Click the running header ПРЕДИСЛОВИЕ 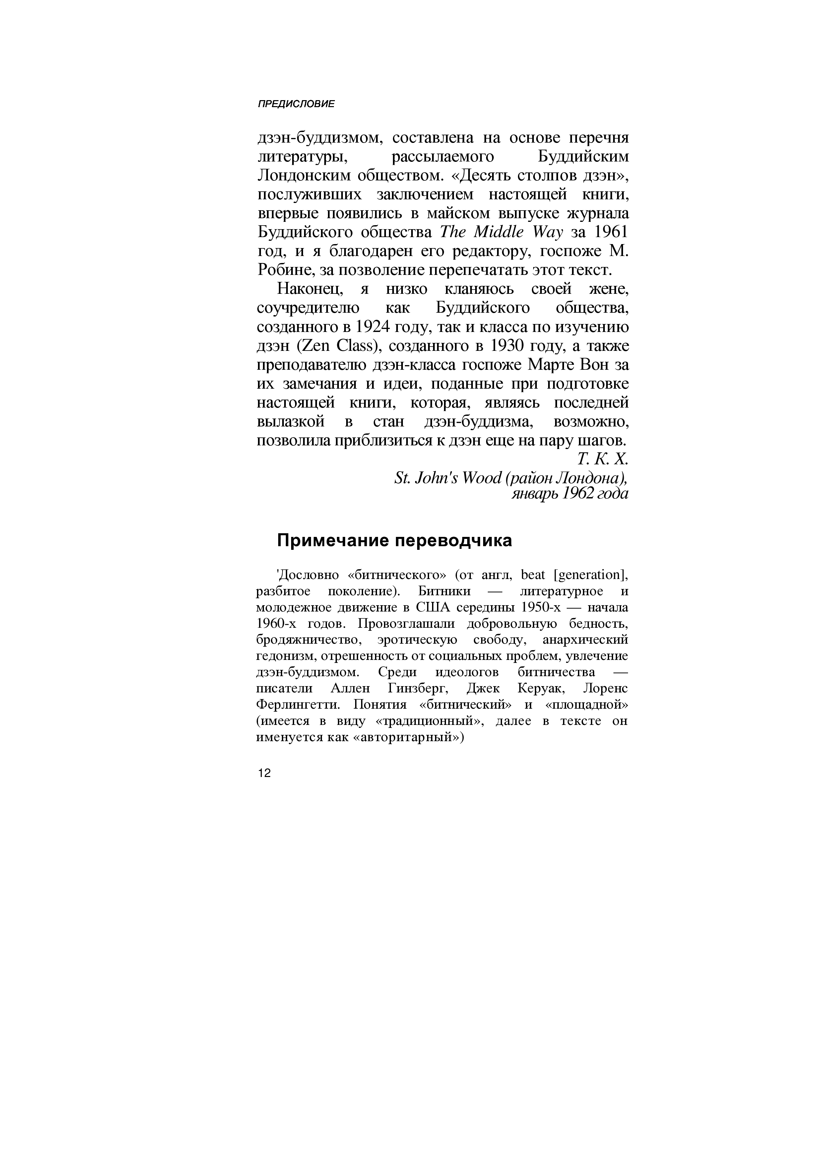point(296,104)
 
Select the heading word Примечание point(332,541)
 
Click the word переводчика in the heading point(454,541)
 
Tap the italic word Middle point(499,232)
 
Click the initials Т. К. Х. point(602,459)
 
